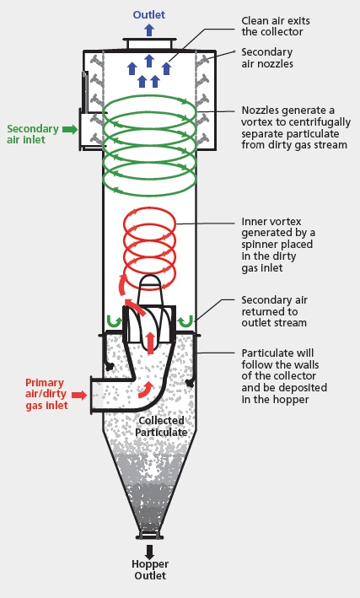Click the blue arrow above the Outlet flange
point(149,30)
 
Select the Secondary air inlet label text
point(35,135)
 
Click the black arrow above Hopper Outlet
point(149,552)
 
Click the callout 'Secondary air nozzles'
point(266,57)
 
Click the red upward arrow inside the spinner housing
point(150,342)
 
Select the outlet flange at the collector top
point(149,43)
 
